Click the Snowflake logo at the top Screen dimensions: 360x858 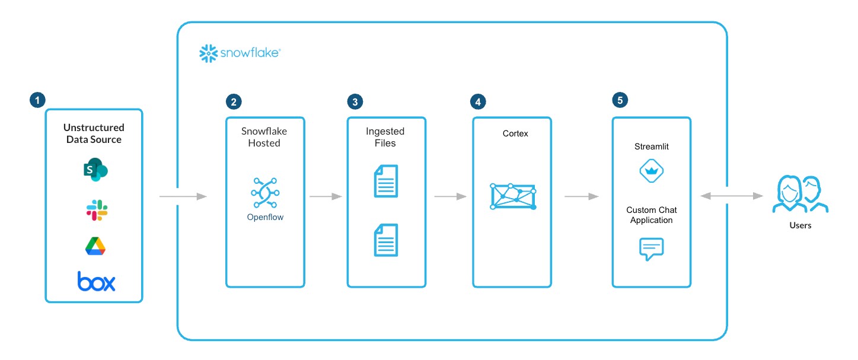[240, 53]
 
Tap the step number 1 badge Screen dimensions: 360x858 [37, 100]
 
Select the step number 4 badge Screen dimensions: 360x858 [477, 101]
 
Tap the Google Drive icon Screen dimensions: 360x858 [95, 246]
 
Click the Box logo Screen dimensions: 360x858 [96, 281]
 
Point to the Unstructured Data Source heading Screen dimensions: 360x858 [94, 133]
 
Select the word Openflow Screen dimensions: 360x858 [265, 218]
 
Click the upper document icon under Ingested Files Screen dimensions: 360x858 [386, 181]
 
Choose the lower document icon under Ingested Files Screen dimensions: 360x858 [386, 240]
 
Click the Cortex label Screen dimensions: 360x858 [515, 134]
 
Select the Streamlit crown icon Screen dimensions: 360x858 [651, 172]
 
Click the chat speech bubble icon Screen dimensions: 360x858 [651, 249]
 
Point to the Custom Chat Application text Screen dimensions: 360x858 [651, 215]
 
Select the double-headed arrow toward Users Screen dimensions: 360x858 [732, 196]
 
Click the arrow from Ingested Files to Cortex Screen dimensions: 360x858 [450, 196]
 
